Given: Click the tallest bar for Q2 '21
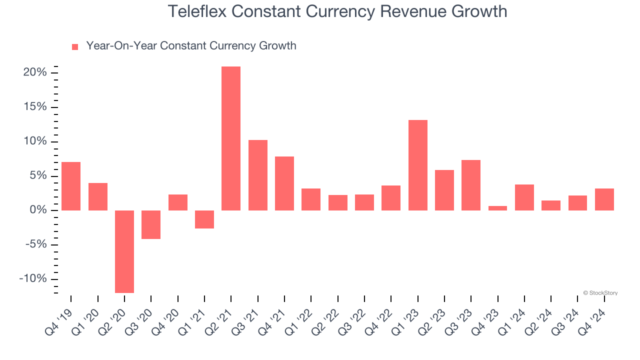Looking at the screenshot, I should coord(231,138).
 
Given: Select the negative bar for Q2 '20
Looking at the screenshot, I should coord(124,251).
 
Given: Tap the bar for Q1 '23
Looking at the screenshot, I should coord(417,165).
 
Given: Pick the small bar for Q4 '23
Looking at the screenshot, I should coord(497,208).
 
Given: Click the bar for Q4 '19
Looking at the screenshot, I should coord(71,186).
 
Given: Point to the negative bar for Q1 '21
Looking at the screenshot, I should coord(204,219).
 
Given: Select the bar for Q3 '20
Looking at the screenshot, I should coord(151,224).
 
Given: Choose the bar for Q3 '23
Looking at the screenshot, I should coord(471,185).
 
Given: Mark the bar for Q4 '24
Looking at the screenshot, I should coord(604,199).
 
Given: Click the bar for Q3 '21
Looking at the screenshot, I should coord(258,175).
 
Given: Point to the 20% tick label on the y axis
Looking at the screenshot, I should coord(35,73).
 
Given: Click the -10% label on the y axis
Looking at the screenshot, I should coord(33,279).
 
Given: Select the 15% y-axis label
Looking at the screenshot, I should coord(35,107).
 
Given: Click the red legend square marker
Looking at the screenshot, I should coord(75,47).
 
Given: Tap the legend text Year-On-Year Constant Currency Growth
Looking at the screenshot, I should coord(191,46).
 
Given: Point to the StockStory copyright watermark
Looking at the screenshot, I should coord(600,293).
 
